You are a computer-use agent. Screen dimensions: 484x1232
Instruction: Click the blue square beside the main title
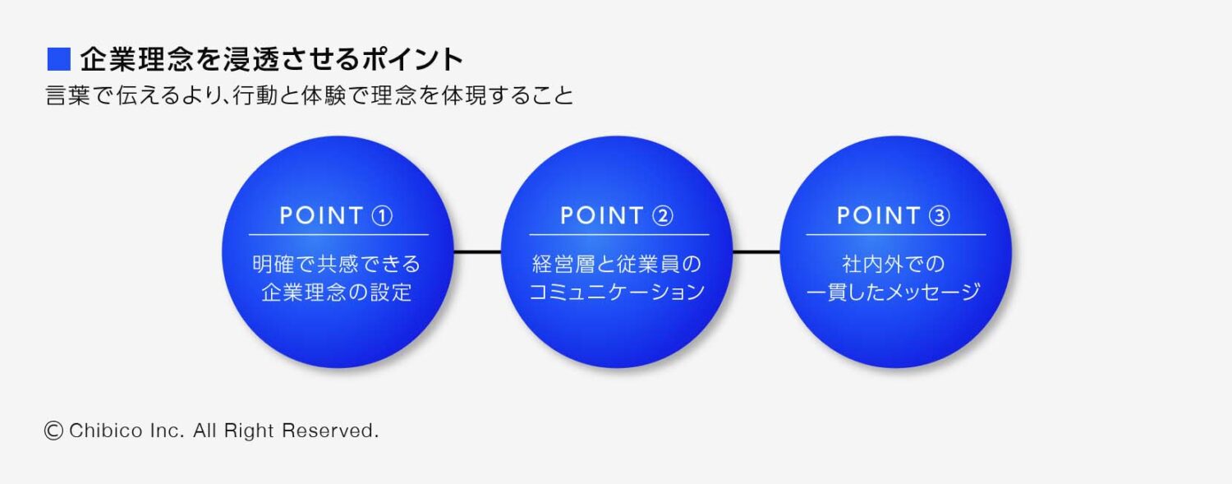(59, 60)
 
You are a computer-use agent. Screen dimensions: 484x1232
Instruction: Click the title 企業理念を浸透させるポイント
(272, 60)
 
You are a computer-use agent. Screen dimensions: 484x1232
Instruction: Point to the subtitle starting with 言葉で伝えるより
(310, 96)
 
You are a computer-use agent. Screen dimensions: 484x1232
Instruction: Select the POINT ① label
(336, 216)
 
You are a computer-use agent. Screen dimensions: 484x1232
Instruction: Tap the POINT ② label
(616, 216)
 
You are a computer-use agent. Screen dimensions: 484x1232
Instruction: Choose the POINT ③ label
(894, 216)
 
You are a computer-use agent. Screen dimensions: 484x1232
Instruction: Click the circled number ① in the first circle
(382, 216)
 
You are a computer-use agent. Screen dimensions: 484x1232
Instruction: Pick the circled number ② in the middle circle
(662, 216)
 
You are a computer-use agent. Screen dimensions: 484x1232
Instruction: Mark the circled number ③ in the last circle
(940, 216)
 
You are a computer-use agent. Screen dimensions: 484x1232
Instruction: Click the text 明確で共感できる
(337, 265)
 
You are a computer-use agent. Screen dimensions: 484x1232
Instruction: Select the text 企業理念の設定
(337, 293)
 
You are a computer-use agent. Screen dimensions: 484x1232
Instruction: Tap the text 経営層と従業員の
(616, 265)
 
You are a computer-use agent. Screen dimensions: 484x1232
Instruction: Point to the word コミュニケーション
(616, 293)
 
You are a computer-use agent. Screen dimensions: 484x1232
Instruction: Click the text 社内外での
(894, 265)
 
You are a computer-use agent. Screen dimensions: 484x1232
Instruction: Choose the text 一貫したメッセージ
(894, 293)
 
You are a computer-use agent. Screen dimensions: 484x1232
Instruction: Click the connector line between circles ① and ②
(476, 252)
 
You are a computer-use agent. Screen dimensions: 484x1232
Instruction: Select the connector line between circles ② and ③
(756, 252)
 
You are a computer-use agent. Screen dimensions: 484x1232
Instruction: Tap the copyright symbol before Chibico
(54, 431)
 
